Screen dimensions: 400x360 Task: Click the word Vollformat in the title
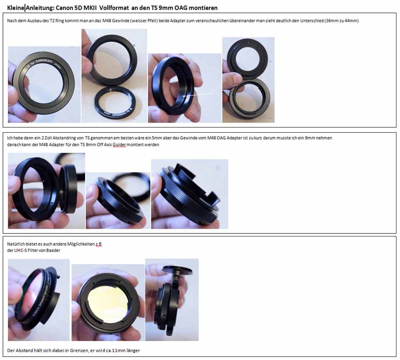click(114, 8)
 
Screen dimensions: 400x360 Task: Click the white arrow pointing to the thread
click(198, 95)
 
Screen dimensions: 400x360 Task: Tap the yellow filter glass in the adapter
click(109, 302)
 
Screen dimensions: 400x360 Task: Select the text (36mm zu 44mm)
click(342, 21)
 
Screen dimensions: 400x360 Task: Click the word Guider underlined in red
click(119, 145)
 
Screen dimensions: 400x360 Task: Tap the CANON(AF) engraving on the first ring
click(43, 61)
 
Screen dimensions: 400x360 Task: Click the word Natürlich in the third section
click(16, 244)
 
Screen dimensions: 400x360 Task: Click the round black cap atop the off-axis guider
click(177, 270)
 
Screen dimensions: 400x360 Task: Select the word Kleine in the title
click(16, 8)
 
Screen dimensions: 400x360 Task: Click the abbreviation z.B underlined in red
click(99, 244)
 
